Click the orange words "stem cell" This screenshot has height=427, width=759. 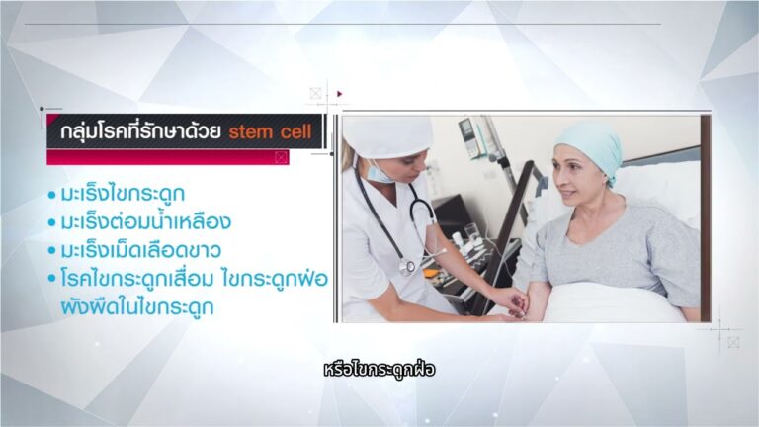[x=270, y=131]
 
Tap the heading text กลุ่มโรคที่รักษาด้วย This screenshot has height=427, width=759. [x=141, y=131]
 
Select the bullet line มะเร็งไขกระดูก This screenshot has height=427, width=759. [x=123, y=194]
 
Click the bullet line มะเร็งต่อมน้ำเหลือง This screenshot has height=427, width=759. [x=145, y=221]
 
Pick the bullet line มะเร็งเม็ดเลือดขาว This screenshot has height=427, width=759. [x=141, y=250]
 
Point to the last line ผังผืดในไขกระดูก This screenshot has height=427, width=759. [x=137, y=307]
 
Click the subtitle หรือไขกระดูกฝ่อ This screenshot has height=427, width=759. [x=379, y=370]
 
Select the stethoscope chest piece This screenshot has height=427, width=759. [x=407, y=267]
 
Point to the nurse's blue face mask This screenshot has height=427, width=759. [x=379, y=173]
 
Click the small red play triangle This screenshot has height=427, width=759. [x=340, y=94]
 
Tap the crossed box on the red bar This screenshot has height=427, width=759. [x=282, y=157]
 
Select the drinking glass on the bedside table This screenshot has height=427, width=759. [x=471, y=231]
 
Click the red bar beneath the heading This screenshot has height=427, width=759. [x=167, y=157]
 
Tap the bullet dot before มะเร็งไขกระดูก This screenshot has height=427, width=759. [x=51, y=195]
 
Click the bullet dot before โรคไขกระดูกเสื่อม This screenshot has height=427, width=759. [x=51, y=280]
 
